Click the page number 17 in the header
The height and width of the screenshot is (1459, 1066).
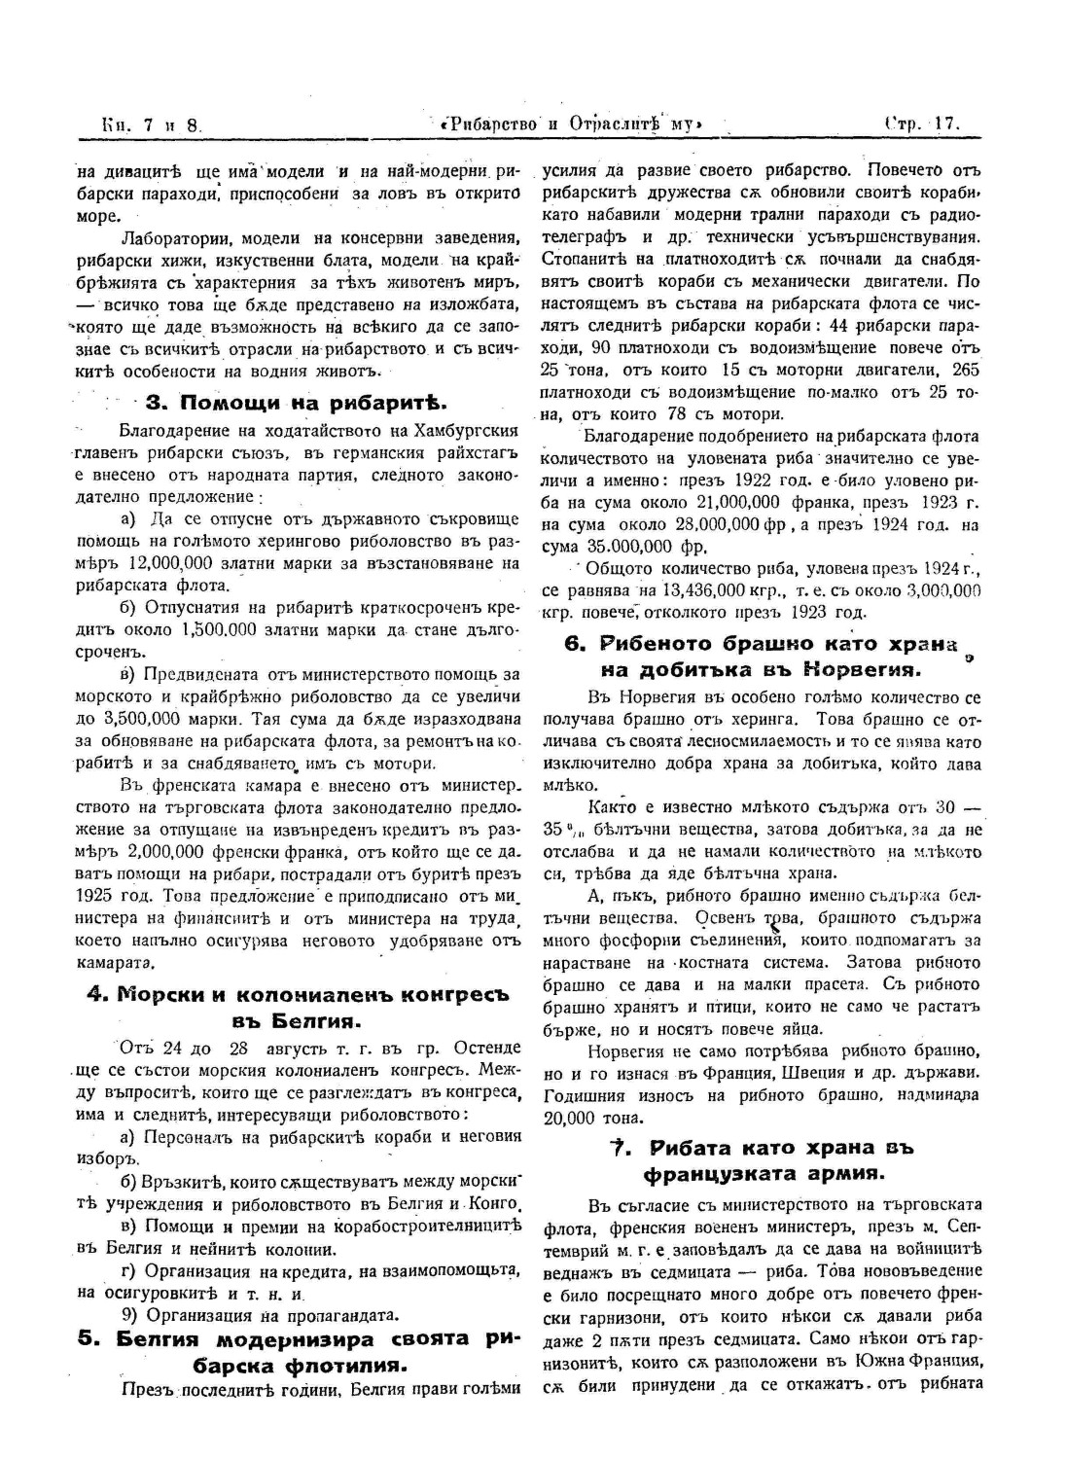click(x=945, y=124)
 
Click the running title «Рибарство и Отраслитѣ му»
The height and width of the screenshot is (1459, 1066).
click(x=570, y=125)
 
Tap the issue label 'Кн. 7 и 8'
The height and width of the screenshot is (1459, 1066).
click(x=150, y=125)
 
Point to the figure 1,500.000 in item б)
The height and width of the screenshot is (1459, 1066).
click(x=219, y=628)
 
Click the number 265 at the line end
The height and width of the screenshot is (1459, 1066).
click(x=967, y=370)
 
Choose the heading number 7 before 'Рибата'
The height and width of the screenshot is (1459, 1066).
click(x=617, y=1148)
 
